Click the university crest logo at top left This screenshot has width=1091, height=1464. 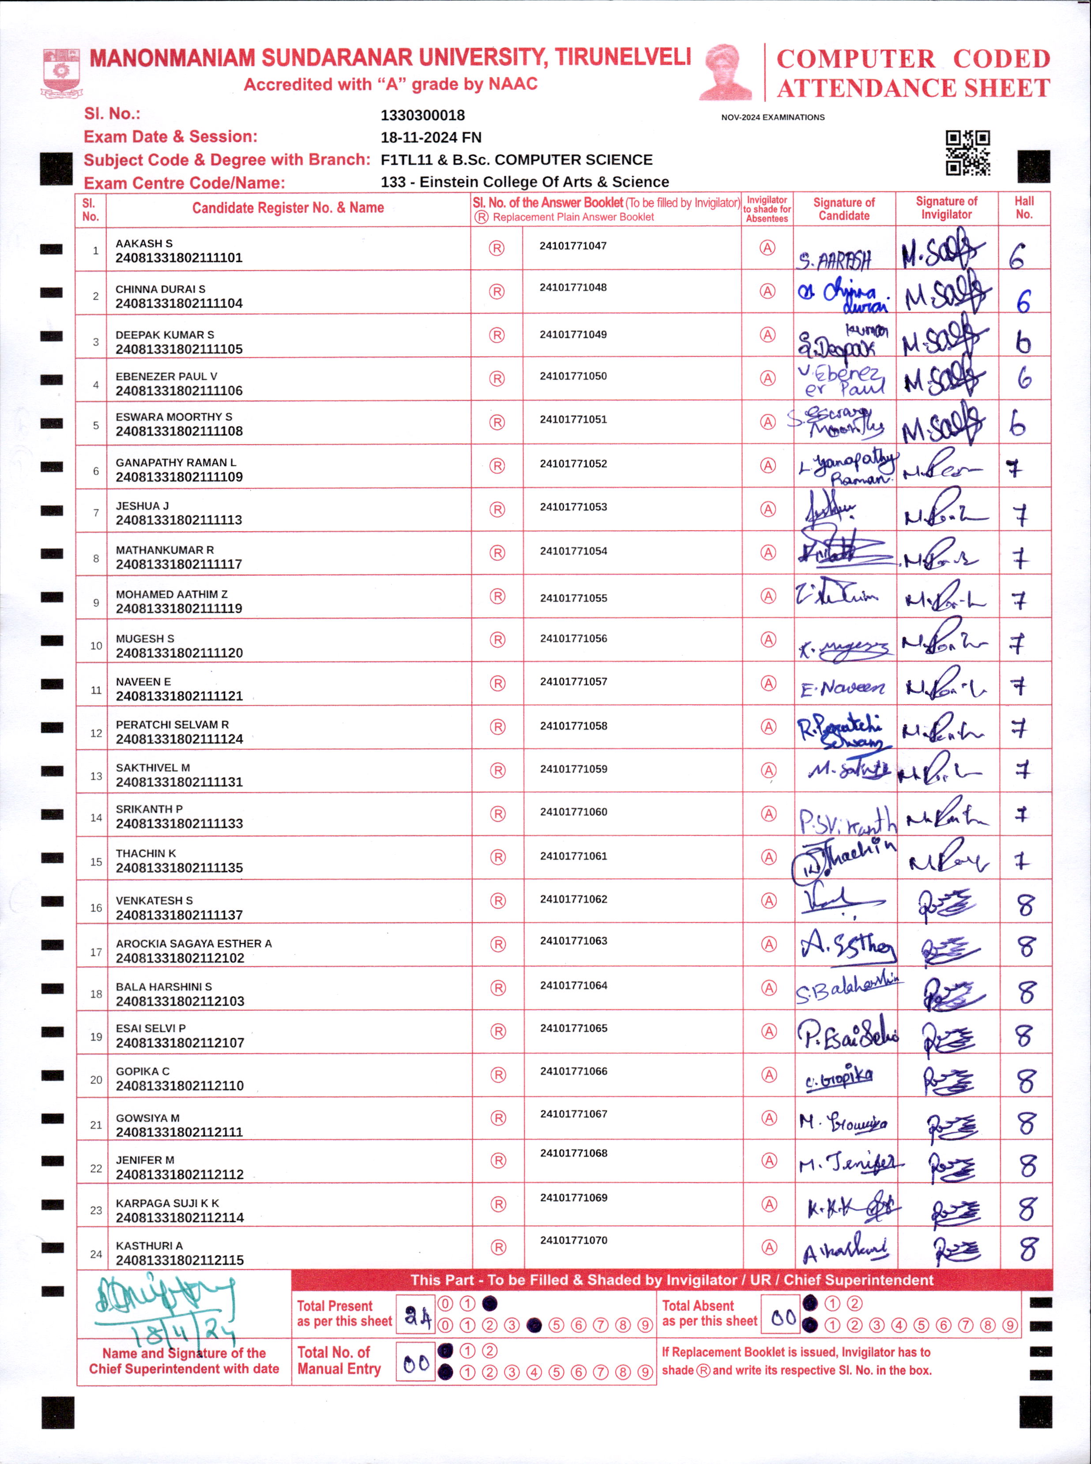pyautogui.click(x=61, y=72)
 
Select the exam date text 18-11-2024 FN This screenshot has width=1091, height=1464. pyautogui.click(x=431, y=137)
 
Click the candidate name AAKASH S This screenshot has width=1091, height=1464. pyautogui.click(x=144, y=244)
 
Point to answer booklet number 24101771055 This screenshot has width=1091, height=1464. pyautogui.click(x=573, y=598)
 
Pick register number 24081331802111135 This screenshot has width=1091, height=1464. pyautogui.click(x=179, y=868)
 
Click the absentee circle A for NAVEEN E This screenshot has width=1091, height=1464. pyautogui.click(x=768, y=683)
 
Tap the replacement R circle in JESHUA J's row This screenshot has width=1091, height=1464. pyautogui.click(x=497, y=509)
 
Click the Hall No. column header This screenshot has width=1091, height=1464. pyautogui.click(x=1023, y=208)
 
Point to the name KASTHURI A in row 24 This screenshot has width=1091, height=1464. pyautogui.click(x=149, y=1245)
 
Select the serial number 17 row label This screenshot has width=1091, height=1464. pyautogui.click(x=96, y=952)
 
